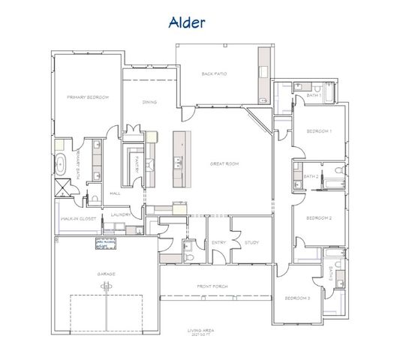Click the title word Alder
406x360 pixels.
[185, 22]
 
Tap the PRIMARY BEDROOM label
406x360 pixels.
[88, 97]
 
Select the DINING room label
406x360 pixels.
[149, 102]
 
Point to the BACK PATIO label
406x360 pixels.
[215, 73]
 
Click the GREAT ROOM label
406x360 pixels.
[224, 163]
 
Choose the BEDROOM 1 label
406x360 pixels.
[319, 132]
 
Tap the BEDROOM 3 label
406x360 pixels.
[297, 298]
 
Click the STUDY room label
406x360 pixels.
[251, 242]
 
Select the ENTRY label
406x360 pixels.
[219, 242]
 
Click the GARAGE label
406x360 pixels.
[106, 274]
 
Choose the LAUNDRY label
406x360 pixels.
[121, 214]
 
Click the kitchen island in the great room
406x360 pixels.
[180, 160]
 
